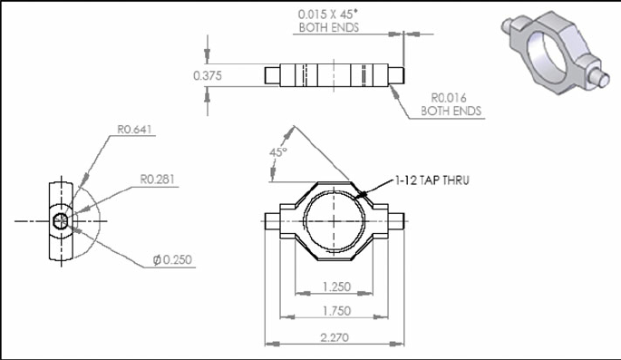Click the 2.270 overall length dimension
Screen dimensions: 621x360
pyautogui.click(x=335, y=338)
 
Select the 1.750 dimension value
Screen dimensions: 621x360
pyautogui.click(x=336, y=311)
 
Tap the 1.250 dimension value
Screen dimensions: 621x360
pyautogui.click(x=336, y=287)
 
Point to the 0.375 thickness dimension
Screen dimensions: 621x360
pyautogui.click(x=208, y=75)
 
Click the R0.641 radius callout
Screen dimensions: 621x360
pyautogui.click(x=135, y=130)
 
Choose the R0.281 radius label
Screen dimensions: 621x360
pyautogui.click(x=157, y=179)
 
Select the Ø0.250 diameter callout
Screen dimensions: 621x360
pyautogui.click(x=172, y=260)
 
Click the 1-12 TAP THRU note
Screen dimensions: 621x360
pyautogui.click(x=432, y=180)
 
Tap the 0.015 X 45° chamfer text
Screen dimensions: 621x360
pyautogui.click(x=328, y=15)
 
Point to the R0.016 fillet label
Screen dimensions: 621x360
pyautogui.click(x=449, y=97)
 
